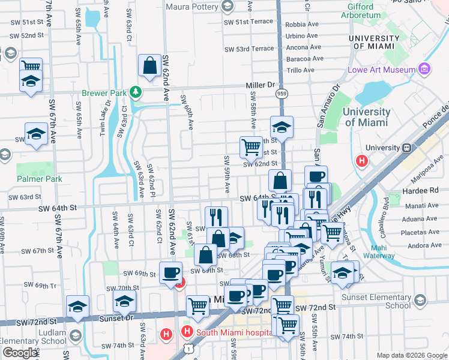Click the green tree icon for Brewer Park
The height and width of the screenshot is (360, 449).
point(137,92)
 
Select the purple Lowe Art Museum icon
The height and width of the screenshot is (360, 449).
point(425,69)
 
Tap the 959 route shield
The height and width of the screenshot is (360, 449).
point(281,94)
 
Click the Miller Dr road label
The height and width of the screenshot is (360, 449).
point(260,85)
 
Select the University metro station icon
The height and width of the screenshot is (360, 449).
point(407,148)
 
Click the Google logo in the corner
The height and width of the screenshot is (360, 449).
point(20,353)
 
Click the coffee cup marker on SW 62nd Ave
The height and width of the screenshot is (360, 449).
point(170,273)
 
